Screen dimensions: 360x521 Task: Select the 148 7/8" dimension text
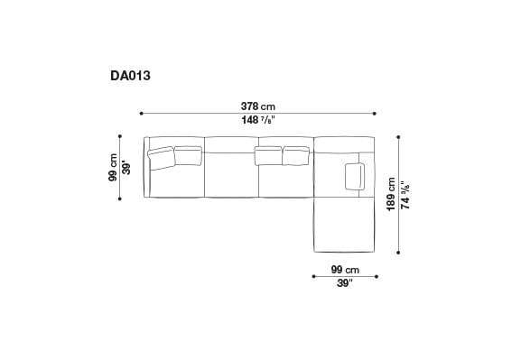258,120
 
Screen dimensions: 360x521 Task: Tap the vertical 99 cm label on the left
113,168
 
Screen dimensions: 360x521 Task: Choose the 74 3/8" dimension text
406,195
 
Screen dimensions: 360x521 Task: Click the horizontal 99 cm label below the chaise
345,269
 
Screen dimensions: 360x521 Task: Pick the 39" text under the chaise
344,283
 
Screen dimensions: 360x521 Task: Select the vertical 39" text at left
127,168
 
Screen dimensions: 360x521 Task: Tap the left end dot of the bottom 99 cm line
313,276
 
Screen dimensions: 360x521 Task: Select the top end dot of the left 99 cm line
120,137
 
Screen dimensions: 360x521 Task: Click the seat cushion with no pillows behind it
232,171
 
